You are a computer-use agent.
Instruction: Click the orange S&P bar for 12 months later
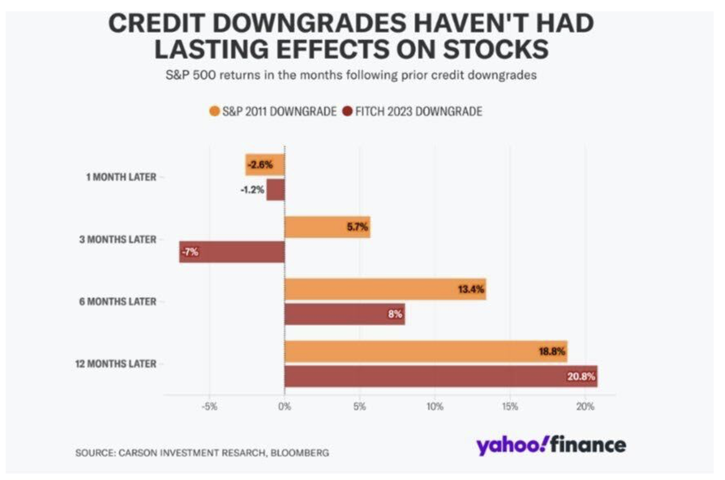[425, 352]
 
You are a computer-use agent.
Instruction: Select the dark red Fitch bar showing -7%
[232, 252]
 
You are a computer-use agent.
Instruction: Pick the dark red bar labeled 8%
[344, 314]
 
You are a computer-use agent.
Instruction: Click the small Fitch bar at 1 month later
[276, 190]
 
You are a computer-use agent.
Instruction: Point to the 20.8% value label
[581, 377]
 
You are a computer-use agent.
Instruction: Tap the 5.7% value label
[357, 228]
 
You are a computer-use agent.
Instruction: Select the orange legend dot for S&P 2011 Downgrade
[214, 111]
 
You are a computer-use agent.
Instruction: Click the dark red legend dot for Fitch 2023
[348, 111]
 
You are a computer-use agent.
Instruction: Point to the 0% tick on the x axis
[284, 406]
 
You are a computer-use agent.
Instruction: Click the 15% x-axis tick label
[509, 406]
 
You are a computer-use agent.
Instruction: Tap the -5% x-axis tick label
[209, 406]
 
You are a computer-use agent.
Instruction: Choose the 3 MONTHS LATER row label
[117, 239]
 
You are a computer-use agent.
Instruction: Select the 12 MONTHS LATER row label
[116, 364]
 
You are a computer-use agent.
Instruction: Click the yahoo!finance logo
[551, 445]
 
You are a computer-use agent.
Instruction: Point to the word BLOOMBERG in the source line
[300, 453]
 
